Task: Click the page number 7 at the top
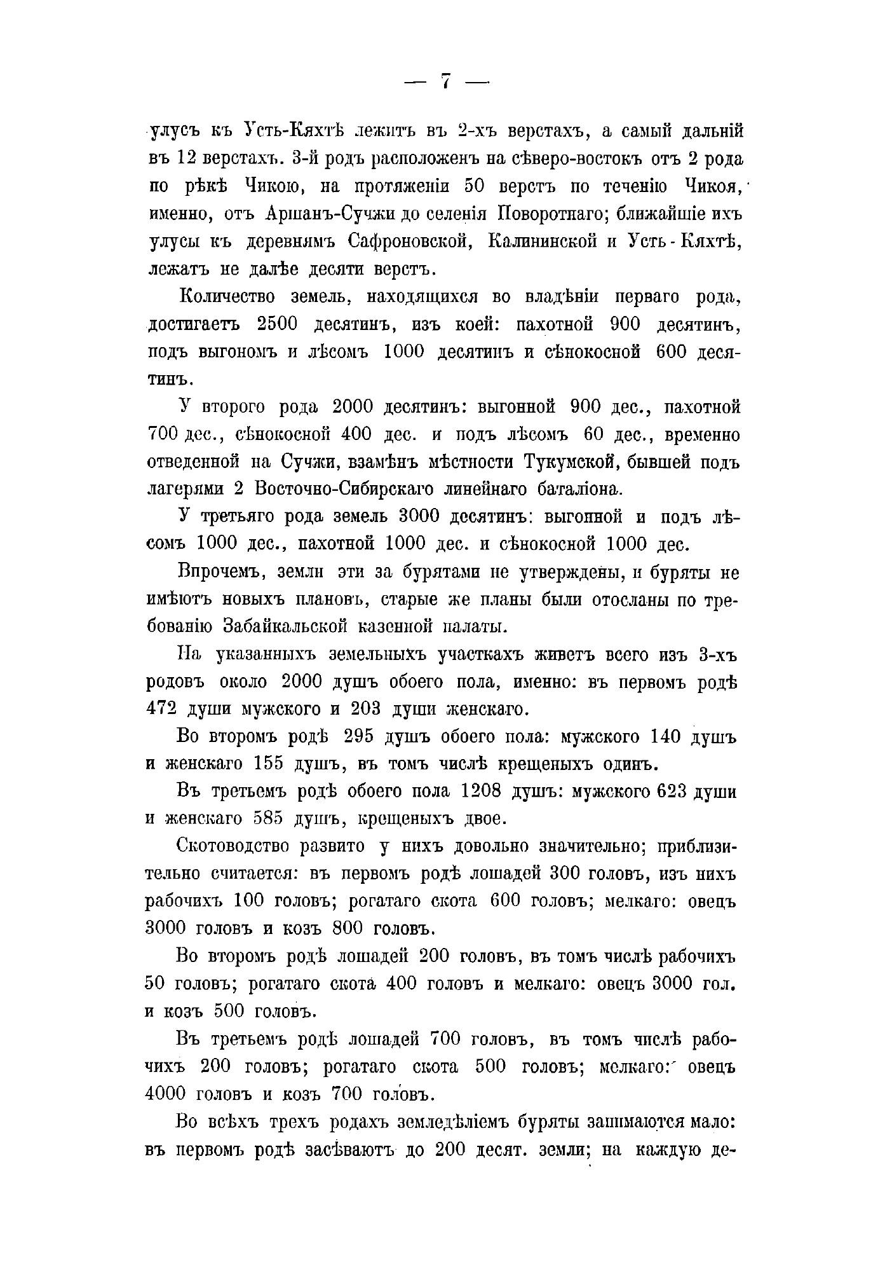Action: tap(445, 82)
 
